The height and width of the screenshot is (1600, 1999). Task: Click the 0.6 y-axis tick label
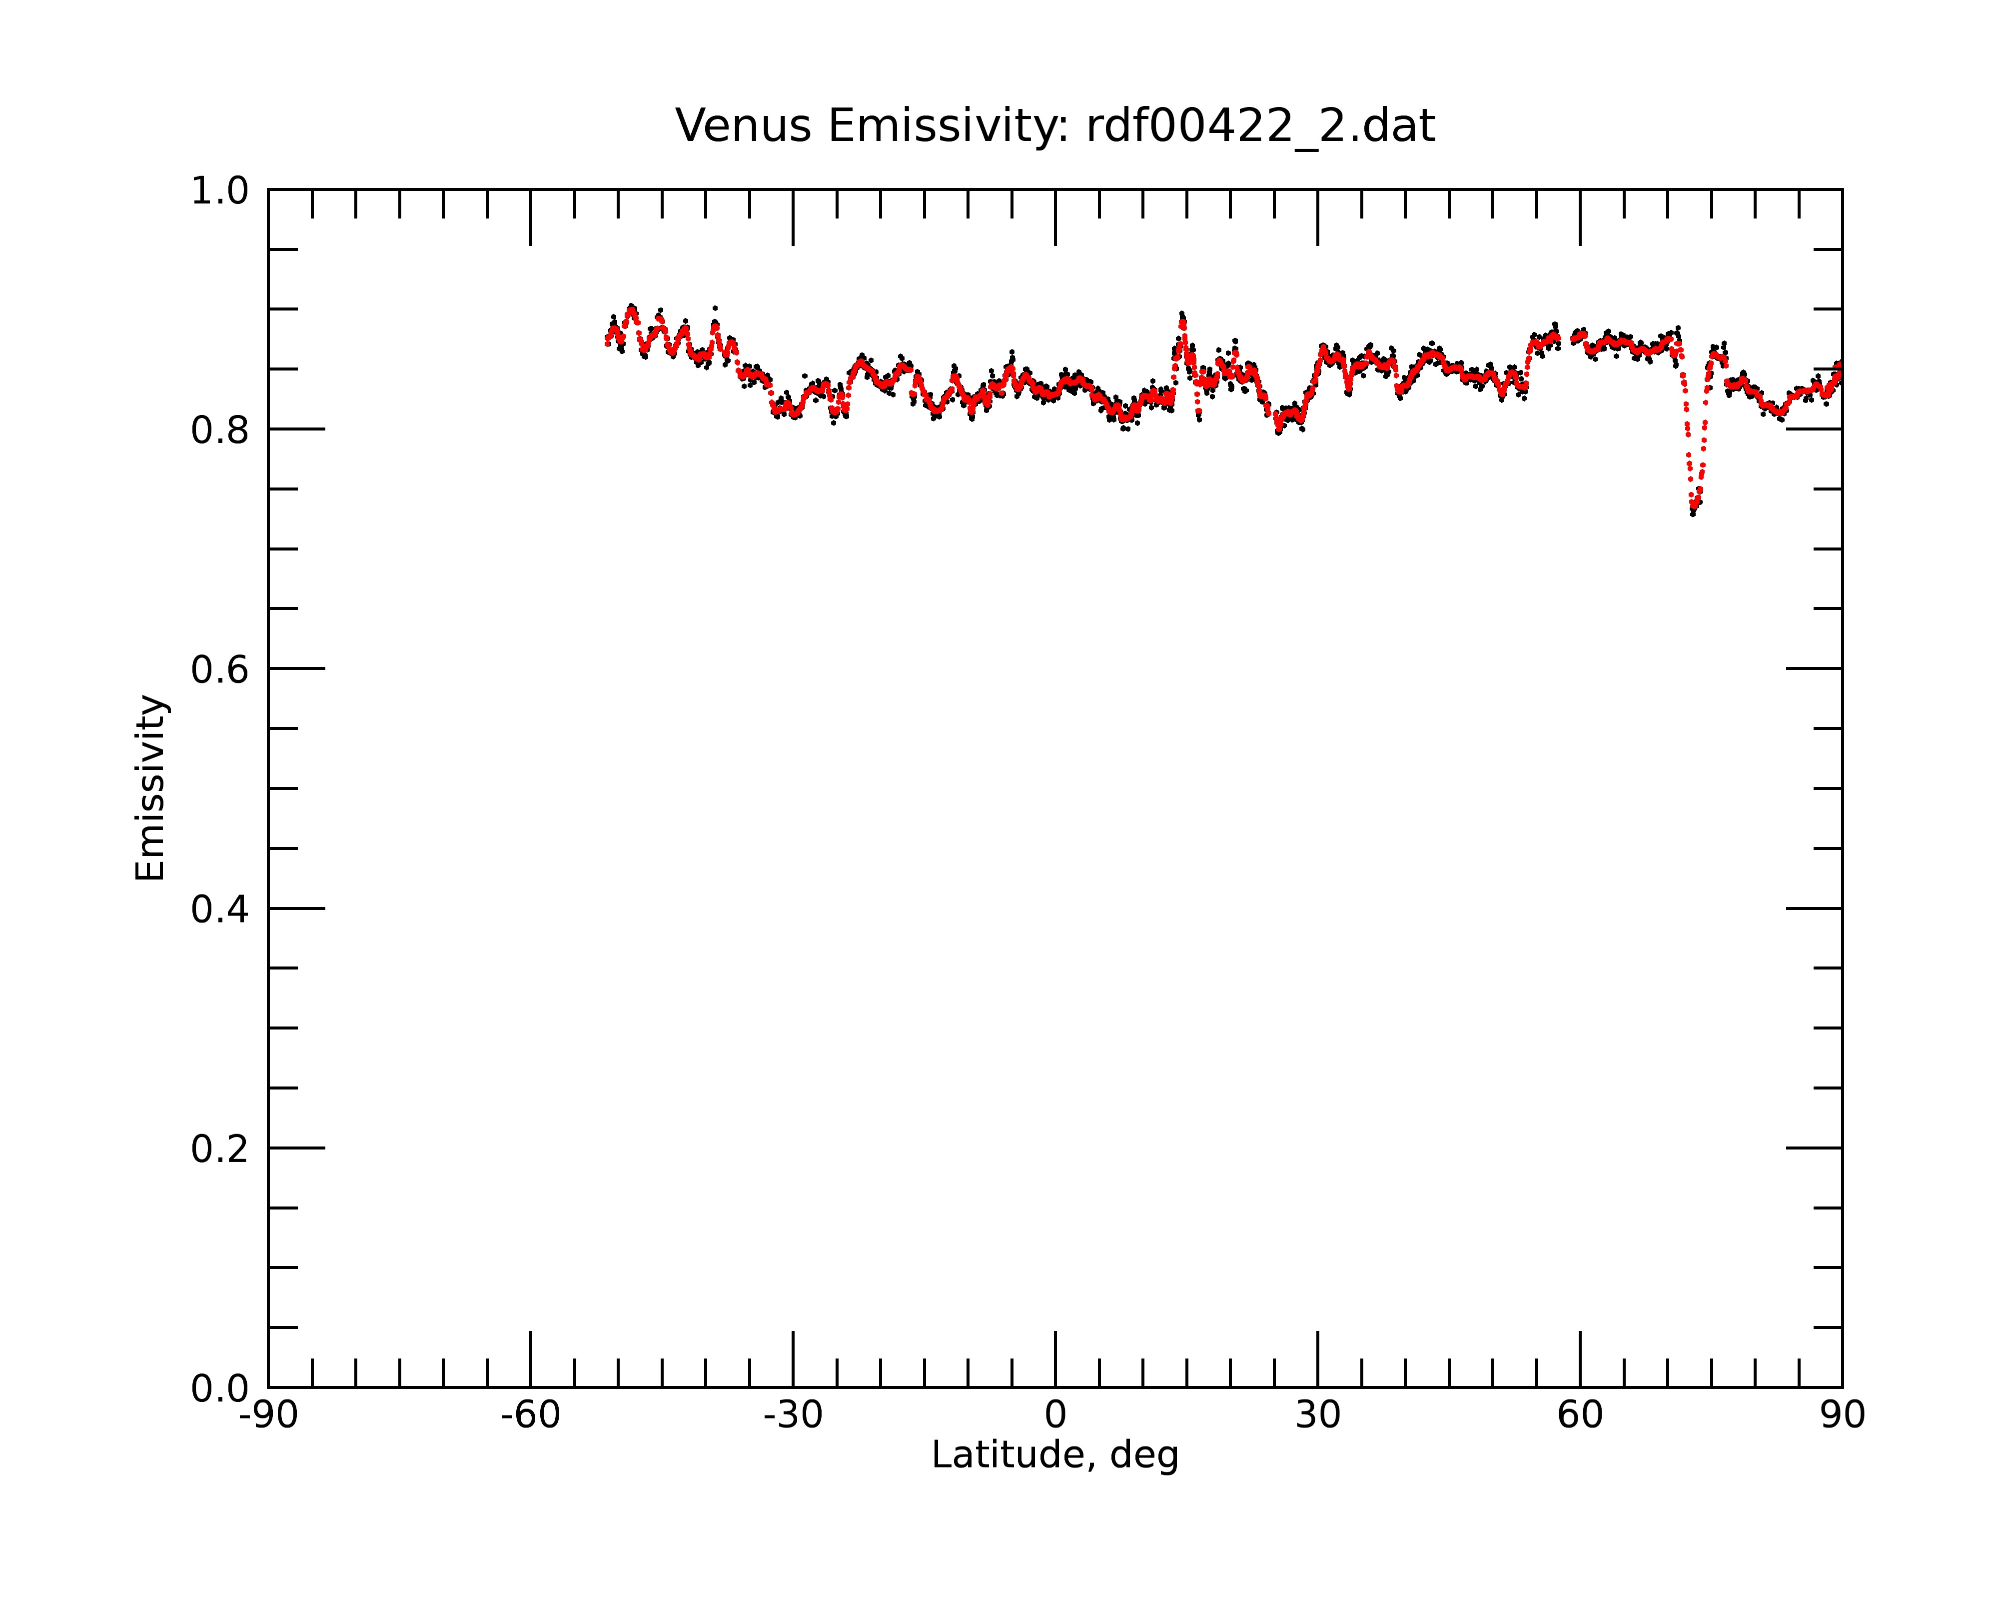[220, 669]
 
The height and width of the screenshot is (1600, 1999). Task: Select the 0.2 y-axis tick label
[220, 1149]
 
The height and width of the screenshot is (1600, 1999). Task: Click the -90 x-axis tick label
[268, 1415]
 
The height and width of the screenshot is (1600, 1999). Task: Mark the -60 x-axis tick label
[530, 1415]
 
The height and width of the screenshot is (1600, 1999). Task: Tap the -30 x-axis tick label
[793, 1415]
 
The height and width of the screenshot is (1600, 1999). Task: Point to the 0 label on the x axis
[1055, 1415]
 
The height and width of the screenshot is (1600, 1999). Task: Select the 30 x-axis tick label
[1317, 1415]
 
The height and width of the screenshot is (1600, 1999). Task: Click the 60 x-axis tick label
[1580, 1415]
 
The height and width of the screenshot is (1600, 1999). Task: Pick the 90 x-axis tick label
[1842, 1415]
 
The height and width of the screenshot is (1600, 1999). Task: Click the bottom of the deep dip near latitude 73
[1693, 512]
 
